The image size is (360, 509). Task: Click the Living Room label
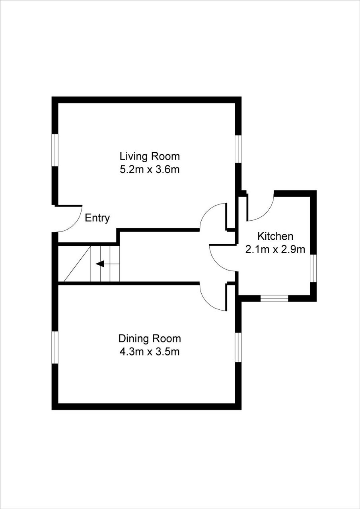coord(150,156)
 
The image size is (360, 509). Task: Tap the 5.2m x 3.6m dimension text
coord(150,169)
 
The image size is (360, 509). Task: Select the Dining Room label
coord(150,338)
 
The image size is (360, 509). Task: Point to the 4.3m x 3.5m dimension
coord(150,352)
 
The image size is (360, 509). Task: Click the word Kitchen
coord(275,236)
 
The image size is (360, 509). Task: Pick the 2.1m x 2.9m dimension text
coord(275,249)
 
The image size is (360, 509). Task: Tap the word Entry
coord(97,218)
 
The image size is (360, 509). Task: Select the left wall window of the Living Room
coord(55,150)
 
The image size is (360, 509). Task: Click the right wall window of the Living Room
coord(238,149)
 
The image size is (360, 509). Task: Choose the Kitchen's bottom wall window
coord(274,298)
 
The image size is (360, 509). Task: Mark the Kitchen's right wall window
coord(313,268)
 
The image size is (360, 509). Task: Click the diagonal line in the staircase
coord(77,264)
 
